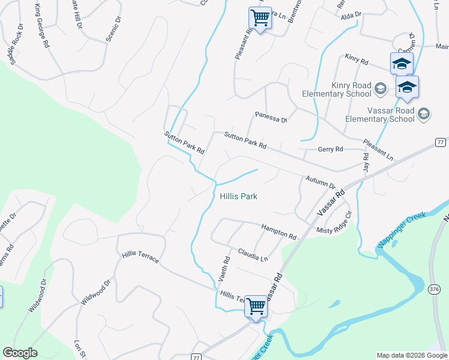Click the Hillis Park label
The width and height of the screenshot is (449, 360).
[x=238, y=196]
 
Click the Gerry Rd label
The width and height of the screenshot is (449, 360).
[x=330, y=149]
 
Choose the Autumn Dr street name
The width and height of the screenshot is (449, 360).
[x=319, y=182]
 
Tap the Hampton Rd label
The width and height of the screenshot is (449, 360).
[x=279, y=232]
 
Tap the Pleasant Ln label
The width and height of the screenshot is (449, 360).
[x=378, y=149]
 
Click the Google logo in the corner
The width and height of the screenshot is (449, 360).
[x=20, y=353]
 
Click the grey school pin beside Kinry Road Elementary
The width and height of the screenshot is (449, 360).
[x=380, y=89]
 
